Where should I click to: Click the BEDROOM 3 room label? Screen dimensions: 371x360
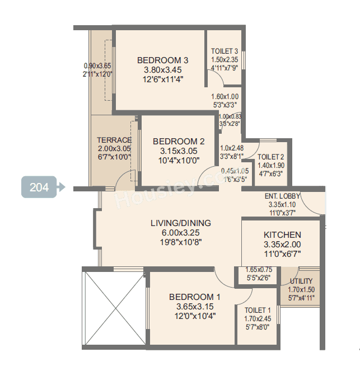point(162,60)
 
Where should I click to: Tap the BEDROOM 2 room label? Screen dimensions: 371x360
point(175,142)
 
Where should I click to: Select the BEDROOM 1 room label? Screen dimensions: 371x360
point(191,297)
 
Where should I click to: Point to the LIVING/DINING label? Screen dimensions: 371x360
point(180,223)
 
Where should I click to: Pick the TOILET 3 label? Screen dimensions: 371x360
point(225,51)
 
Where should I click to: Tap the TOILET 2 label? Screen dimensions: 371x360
point(271,157)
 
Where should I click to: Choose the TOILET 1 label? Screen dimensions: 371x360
point(258,310)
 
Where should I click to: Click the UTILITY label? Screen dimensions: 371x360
point(301,281)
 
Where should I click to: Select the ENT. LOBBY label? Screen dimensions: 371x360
point(282,196)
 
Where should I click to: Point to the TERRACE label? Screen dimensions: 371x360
point(114,140)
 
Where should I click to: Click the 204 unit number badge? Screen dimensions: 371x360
point(40,187)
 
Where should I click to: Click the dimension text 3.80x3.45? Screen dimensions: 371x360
point(162,70)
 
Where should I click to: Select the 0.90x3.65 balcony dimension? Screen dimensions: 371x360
point(97,65)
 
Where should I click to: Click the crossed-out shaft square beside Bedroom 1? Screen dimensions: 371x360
point(114,307)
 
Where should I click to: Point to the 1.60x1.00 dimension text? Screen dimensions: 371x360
point(225,96)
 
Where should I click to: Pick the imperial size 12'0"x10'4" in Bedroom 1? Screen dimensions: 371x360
point(191,316)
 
